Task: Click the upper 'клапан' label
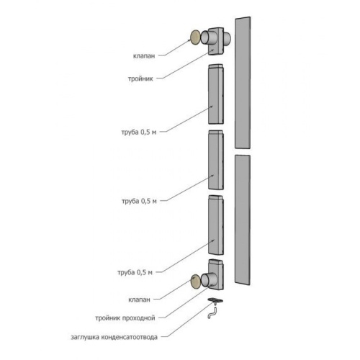point(144,56)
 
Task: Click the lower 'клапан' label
point(139,300)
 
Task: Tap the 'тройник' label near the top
point(140,78)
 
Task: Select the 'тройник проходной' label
point(125,318)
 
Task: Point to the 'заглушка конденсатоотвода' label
point(114,337)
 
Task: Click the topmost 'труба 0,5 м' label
point(139,132)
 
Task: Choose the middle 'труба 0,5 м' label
point(139,201)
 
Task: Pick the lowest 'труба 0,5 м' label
point(135,272)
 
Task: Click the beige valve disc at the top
point(195,37)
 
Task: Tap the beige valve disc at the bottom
point(196,282)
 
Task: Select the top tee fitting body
point(216,42)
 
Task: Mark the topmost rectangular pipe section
point(216,94)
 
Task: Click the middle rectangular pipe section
point(216,160)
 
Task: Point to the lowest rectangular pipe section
point(216,225)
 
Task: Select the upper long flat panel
point(243,83)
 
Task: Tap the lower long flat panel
point(243,220)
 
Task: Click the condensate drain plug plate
point(215,300)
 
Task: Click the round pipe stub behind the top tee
point(228,38)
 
